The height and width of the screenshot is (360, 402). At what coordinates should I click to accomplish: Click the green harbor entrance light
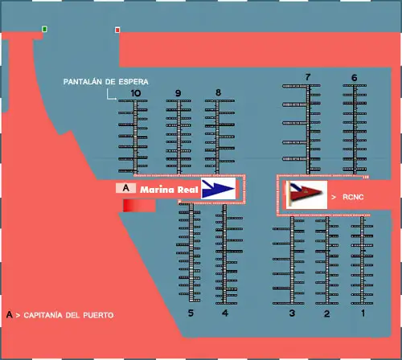pyautogui.click(x=44, y=29)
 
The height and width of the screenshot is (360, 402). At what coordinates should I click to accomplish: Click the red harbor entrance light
pyautogui.click(x=117, y=30)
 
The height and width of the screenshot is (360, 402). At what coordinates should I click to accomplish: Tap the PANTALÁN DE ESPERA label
pyautogui.click(x=105, y=82)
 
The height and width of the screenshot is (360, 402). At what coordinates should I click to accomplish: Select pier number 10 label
pyautogui.click(x=136, y=93)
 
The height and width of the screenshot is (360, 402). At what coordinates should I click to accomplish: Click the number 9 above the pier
pyautogui.click(x=178, y=93)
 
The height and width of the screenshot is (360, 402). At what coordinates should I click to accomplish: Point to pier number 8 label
pyautogui.click(x=218, y=92)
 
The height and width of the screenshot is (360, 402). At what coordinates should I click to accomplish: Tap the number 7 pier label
pyautogui.click(x=308, y=77)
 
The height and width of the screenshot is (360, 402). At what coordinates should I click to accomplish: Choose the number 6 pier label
pyautogui.click(x=355, y=78)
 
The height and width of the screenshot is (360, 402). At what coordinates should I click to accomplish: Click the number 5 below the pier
pyautogui.click(x=191, y=313)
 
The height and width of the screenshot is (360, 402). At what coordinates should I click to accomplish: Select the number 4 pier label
pyautogui.click(x=225, y=313)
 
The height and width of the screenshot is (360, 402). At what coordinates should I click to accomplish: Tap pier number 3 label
pyautogui.click(x=292, y=313)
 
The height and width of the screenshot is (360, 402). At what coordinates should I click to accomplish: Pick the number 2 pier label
pyautogui.click(x=326, y=313)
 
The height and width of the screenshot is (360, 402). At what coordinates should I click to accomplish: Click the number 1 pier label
pyautogui.click(x=363, y=313)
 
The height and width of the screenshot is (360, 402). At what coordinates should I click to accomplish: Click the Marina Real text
pyautogui.click(x=169, y=190)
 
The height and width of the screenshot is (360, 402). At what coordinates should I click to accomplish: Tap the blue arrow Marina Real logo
pyautogui.click(x=219, y=189)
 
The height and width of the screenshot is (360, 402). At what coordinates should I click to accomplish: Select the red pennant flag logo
pyautogui.click(x=306, y=194)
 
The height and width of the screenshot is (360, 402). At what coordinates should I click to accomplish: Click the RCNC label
pyautogui.click(x=353, y=197)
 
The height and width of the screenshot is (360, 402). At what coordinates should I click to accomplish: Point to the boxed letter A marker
pyautogui.click(x=125, y=188)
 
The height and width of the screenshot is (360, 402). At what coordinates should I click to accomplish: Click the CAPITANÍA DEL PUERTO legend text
pyautogui.click(x=68, y=315)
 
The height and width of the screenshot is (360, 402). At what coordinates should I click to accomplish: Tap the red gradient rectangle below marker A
pyautogui.click(x=139, y=206)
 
